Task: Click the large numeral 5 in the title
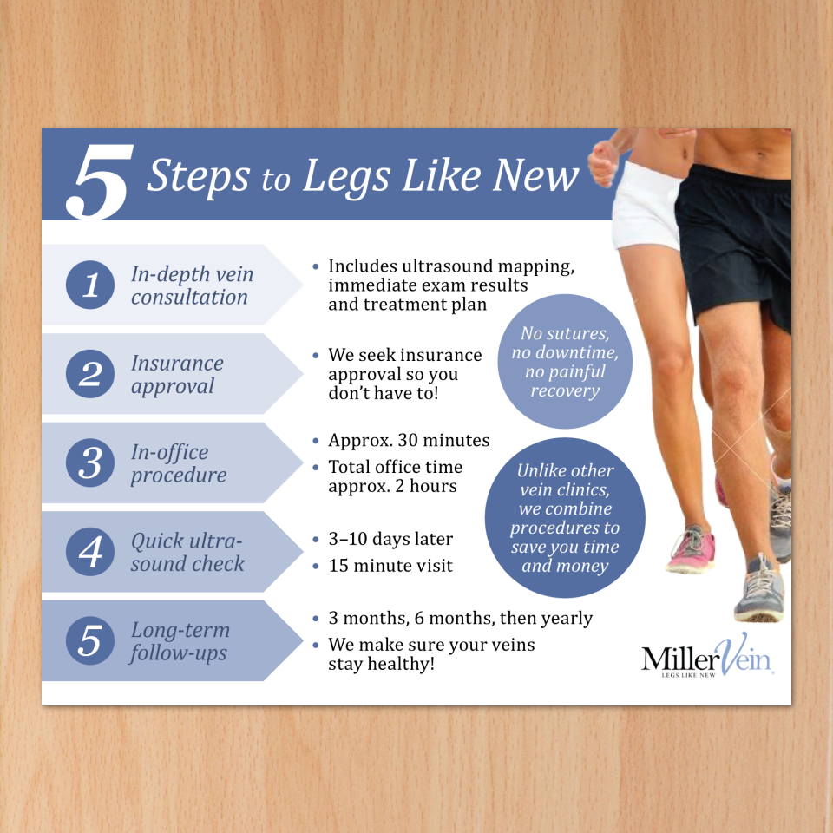[x=99, y=181]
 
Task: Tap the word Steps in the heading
[x=198, y=175]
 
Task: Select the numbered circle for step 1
[x=90, y=285]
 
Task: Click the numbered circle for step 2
[x=90, y=374]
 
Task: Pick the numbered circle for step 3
[x=90, y=462]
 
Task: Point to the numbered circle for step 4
[x=90, y=552]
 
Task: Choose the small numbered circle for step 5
[x=90, y=640]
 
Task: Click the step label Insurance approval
[x=177, y=375]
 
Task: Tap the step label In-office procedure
[x=179, y=463]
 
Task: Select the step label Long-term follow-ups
[x=180, y=642]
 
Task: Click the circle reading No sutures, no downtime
[x=565, y=361]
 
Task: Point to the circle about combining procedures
[x=565, y=517]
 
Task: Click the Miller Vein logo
[x=707, y=656]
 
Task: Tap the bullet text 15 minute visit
[x=390, y=566]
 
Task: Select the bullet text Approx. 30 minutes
[x=409, y=441]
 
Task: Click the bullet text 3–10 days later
[x=390, y=539]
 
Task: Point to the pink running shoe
[x=692, y=549]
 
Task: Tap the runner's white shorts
[x=646, y=207]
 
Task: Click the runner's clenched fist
[x=604, y=162]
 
